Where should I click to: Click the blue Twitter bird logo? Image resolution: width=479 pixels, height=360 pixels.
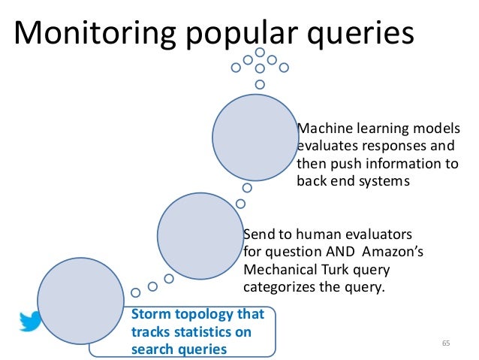(32, 320)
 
